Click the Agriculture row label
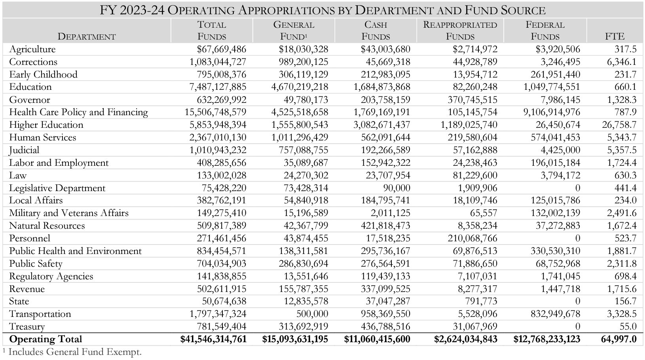[x=32, y=49]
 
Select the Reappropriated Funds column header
[x=460, y=30]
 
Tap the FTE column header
[x=615, y=36]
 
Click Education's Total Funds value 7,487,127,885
[x=218, y=87]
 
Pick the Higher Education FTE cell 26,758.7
[x=619, y=125]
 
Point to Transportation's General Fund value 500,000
[x=312, y=314]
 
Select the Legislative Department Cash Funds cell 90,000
[x=396, y=188]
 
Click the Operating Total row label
[x=46, y=339]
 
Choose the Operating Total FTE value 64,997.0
[x=618, y=339]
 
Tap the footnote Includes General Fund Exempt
[x=75, y=352]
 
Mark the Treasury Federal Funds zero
[x=577, y=326]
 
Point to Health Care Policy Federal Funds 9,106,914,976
[x=552, y=112]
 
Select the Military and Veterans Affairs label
[x=69, y=213]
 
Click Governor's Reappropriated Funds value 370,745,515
[x=472, y=100]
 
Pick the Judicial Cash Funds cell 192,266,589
[x=385, y=150]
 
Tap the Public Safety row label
[x=36, y=263]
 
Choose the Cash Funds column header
[x=376, y=30]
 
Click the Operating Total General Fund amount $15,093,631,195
[x=295, y=339]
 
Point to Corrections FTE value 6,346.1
[x=622, y=62]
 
